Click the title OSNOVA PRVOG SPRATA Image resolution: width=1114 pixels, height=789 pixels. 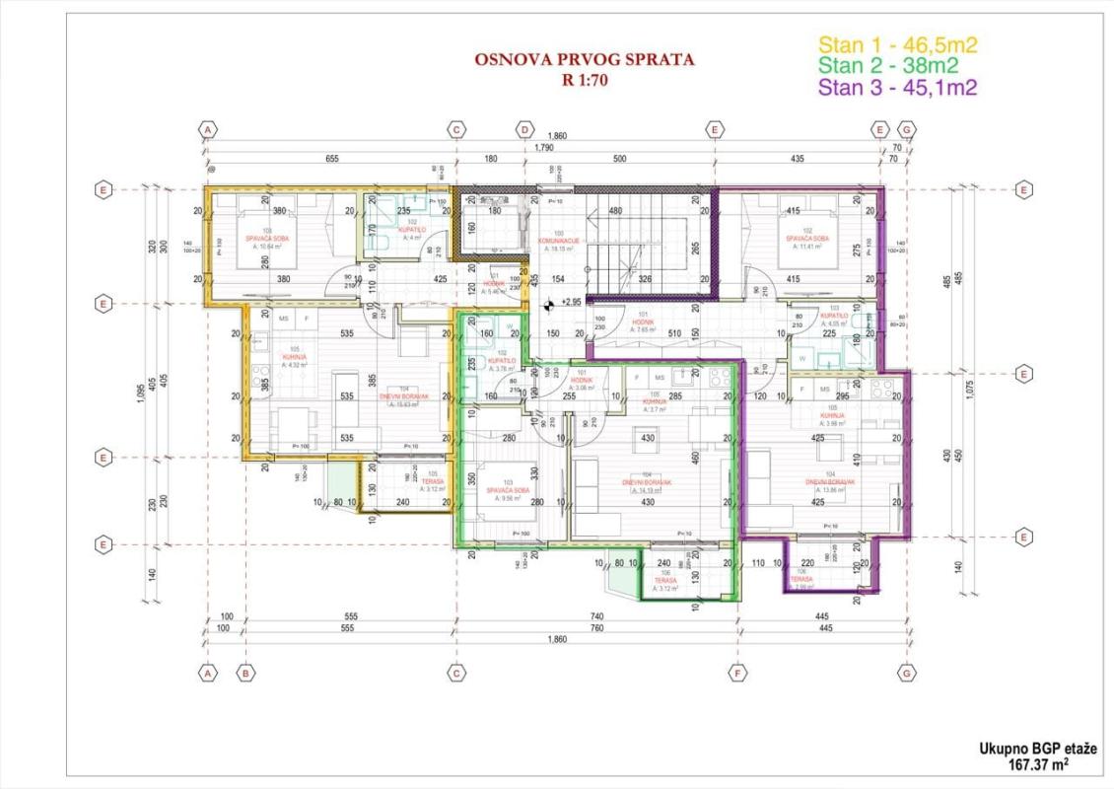pos(584,60)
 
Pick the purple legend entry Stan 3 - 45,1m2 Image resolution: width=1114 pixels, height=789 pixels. pos(898,88)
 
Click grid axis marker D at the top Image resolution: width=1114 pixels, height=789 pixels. pos(525,129)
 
